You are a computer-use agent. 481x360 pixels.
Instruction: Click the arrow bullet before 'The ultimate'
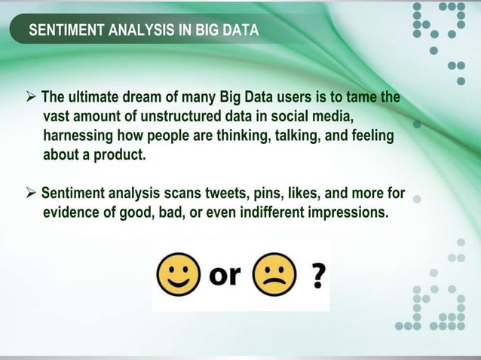coord(31,99)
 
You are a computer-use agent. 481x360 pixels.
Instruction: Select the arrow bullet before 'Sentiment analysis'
coord(31,194)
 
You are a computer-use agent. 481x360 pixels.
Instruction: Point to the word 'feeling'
coord(373,137)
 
